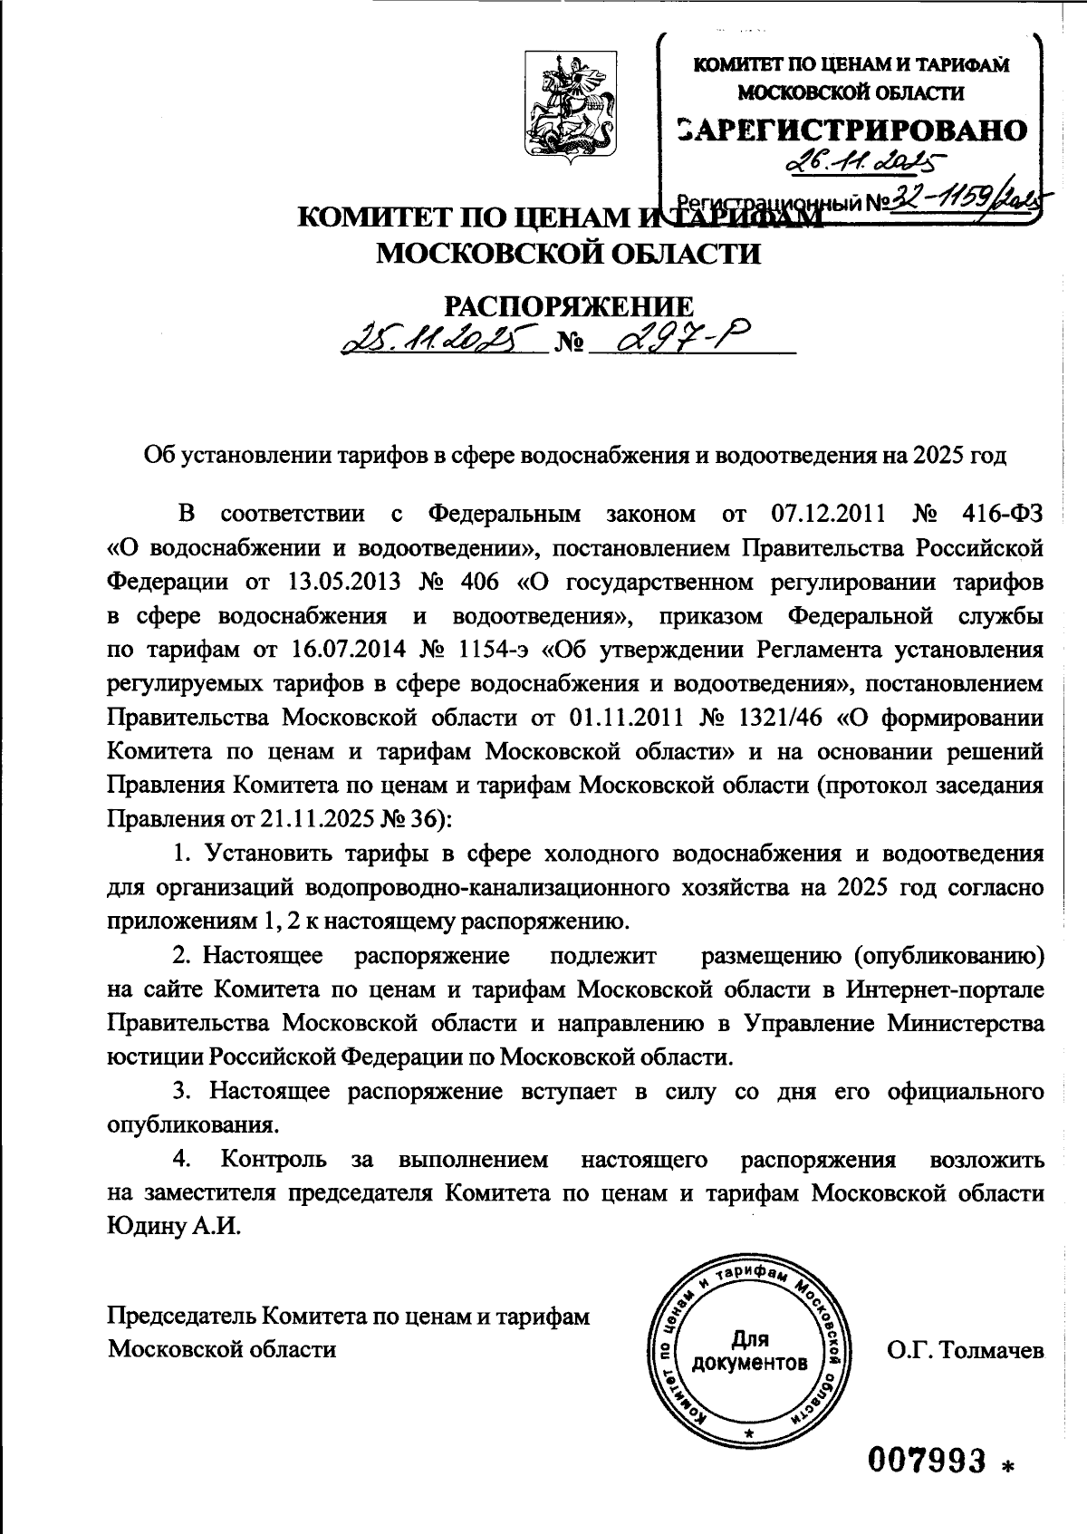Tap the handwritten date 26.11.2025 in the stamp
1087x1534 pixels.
(861, 164)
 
